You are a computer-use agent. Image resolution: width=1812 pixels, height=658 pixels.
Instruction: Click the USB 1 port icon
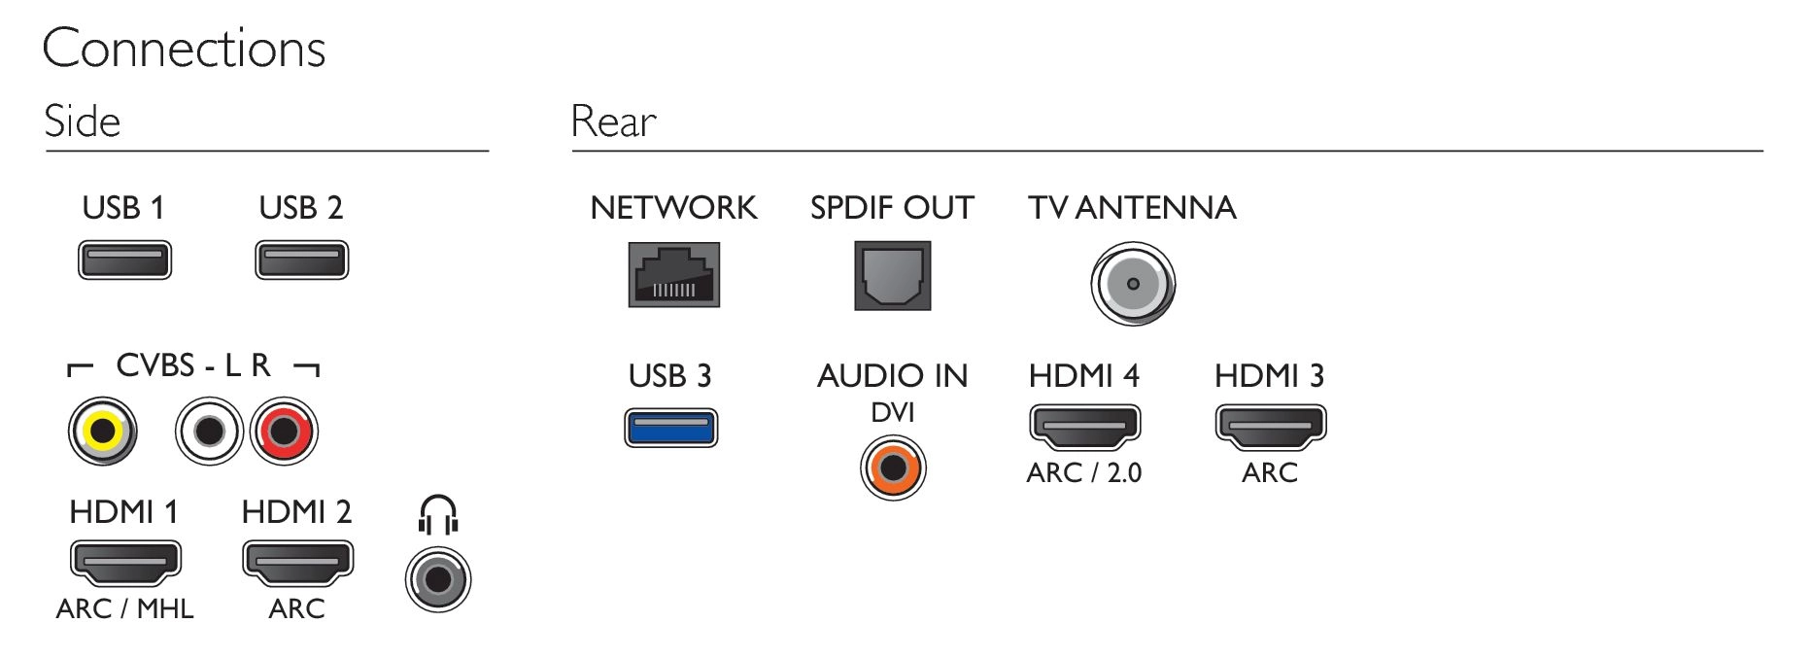(124, 260)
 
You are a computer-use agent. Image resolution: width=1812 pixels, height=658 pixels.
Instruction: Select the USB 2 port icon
(301, 260)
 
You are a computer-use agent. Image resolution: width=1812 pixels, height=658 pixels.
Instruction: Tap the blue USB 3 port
(670, 428)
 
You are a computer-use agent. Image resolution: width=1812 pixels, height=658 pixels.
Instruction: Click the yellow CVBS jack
(102, 432)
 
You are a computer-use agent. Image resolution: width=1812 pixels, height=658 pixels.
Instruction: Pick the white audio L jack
(209, 432)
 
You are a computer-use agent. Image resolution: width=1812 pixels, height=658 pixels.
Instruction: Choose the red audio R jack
(284, 432)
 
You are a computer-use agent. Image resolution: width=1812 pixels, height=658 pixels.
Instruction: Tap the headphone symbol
(438, 515)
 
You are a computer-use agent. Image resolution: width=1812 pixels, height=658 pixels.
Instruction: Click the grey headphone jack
(438, 579)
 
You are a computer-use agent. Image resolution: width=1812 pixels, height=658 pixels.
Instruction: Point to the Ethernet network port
(674, 275)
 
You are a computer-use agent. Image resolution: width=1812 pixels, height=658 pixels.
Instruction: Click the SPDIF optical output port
(893, 276)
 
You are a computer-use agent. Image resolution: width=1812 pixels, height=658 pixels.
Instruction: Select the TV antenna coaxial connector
(1133, 284)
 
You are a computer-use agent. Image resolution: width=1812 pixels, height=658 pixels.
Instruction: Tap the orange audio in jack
(893, 468)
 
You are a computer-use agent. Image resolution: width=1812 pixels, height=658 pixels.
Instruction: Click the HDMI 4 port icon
(1084, 428)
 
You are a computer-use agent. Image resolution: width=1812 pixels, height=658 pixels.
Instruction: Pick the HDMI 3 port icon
(1271, 428)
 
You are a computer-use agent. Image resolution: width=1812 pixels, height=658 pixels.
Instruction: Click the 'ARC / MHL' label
(125, 608)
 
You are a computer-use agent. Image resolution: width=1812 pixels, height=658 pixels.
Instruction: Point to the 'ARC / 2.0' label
(1084, 472)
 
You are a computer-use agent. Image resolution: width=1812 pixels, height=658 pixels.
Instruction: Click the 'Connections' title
(184, 49)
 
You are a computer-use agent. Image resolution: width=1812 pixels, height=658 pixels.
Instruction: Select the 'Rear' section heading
(613, 122)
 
